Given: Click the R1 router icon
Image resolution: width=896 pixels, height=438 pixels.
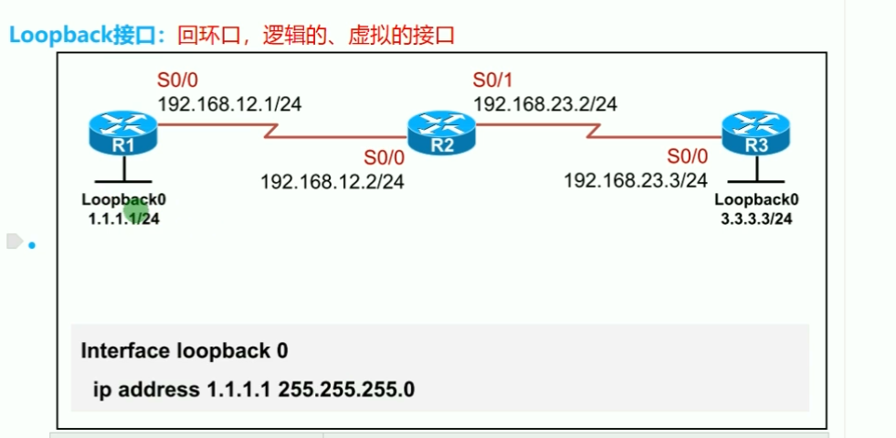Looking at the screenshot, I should pos(123,134).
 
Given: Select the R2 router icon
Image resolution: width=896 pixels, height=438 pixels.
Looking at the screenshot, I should pos(440,134).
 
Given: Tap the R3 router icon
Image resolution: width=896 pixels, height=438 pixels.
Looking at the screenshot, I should pos(755,134).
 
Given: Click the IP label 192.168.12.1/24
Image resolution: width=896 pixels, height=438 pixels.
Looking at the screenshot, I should pos(229,102).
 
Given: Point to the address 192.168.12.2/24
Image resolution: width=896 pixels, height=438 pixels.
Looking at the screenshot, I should pos(332,181).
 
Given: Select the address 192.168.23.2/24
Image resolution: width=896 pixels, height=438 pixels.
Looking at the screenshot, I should pos(545,102).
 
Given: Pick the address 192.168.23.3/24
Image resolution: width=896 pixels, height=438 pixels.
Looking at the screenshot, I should pos(636,180).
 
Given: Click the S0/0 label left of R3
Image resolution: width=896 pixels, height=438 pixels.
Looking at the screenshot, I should pos(688,155).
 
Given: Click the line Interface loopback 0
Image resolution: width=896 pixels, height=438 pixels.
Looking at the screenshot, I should pos(185,351).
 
